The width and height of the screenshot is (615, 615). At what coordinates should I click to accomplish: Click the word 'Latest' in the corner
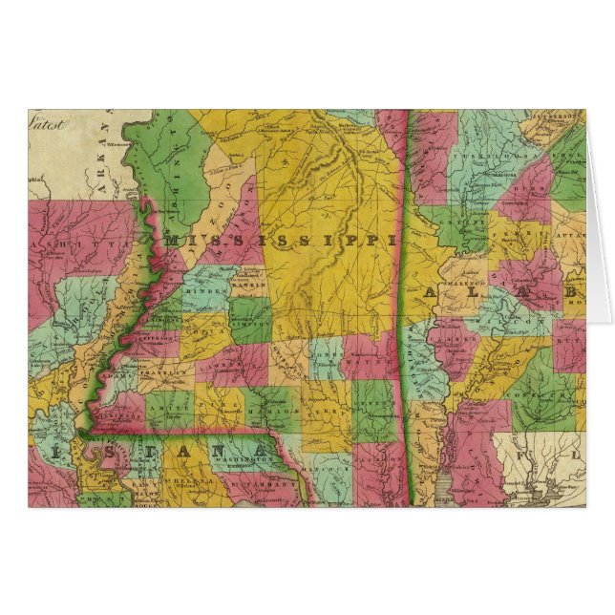(x=47, y=122)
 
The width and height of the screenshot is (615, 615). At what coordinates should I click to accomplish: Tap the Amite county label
(x=172, y=407)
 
